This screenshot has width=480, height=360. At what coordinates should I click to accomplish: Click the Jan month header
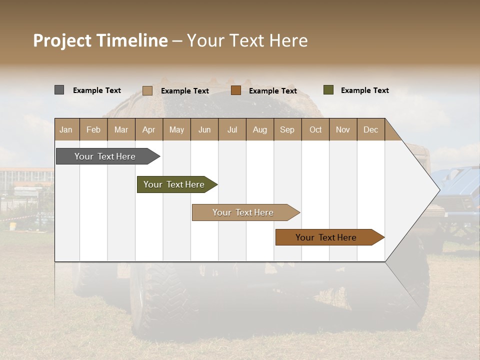pyautogui.click(x=66, y=129)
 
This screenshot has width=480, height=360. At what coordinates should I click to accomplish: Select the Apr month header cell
pyautogui.click(x=148, y=129)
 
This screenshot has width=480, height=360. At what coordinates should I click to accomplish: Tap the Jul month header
pyautogui.click(x=232, y=129)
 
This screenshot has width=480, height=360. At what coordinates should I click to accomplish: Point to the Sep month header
pyautogui.click(x=287, y=129)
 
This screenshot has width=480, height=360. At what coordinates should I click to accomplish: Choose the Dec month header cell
pyautogui.click(x=370, y=129)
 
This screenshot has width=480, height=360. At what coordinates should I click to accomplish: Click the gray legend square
pyautogui.click(x=59, y=90)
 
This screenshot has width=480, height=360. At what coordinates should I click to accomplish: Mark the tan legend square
pyautogui.click(x=147, y=90)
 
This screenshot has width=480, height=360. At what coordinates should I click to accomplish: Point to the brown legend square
pyautogui.click(x=236, y=90)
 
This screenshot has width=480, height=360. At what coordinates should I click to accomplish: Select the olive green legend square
pyautogui.click(x=328, y=90)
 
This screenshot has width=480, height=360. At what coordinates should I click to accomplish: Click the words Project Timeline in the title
pyautogui.click(x=100, y=40)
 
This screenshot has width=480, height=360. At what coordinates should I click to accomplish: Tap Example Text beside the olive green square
pyautogui.click(x=364, y=90)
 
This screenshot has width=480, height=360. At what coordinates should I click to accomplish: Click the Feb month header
pyautogui.click(x=93, y=129)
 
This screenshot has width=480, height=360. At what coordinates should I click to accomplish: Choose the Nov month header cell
pyautogui.click(x=343, y=129)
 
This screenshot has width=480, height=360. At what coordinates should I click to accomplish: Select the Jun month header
pyautogui.click(x=204, y=129)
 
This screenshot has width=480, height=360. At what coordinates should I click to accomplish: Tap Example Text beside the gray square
pyautogui.click(x=97, y=90)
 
